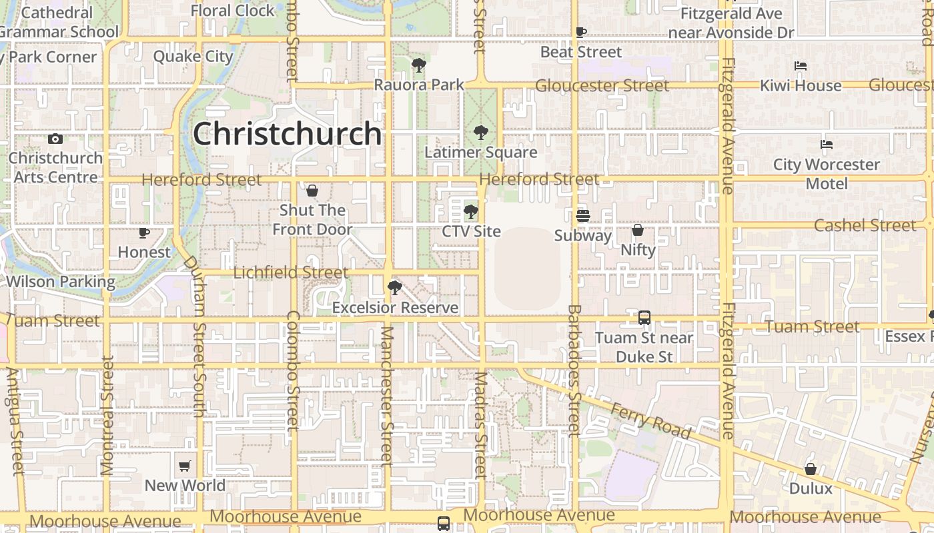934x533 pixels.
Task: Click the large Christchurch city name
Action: pos(287,134)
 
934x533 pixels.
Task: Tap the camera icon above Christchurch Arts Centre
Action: pos(55,139)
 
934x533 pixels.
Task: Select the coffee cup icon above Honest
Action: pos(143,233)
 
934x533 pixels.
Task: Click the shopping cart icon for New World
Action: pos(185,466)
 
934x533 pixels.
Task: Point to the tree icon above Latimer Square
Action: pos(480,133)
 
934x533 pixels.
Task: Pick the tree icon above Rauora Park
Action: pos(419,65)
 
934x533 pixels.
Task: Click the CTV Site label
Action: pos(471,231)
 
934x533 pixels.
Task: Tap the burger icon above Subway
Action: pos(582,215)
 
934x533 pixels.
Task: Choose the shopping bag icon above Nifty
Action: pos(638,231)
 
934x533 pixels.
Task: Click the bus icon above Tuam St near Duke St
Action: pos(644,318)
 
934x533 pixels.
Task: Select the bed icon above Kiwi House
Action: pos(801,66)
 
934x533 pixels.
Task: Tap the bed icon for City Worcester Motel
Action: pos(827,145)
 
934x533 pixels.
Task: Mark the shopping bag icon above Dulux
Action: pos(811,469)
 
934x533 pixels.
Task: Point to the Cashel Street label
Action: pos(865,225)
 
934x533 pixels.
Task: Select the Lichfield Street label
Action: pos(290,272)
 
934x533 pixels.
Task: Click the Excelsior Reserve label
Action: pos(395,307)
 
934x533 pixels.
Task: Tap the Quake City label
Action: pos(193,56)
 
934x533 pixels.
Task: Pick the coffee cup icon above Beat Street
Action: pos(581,32)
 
